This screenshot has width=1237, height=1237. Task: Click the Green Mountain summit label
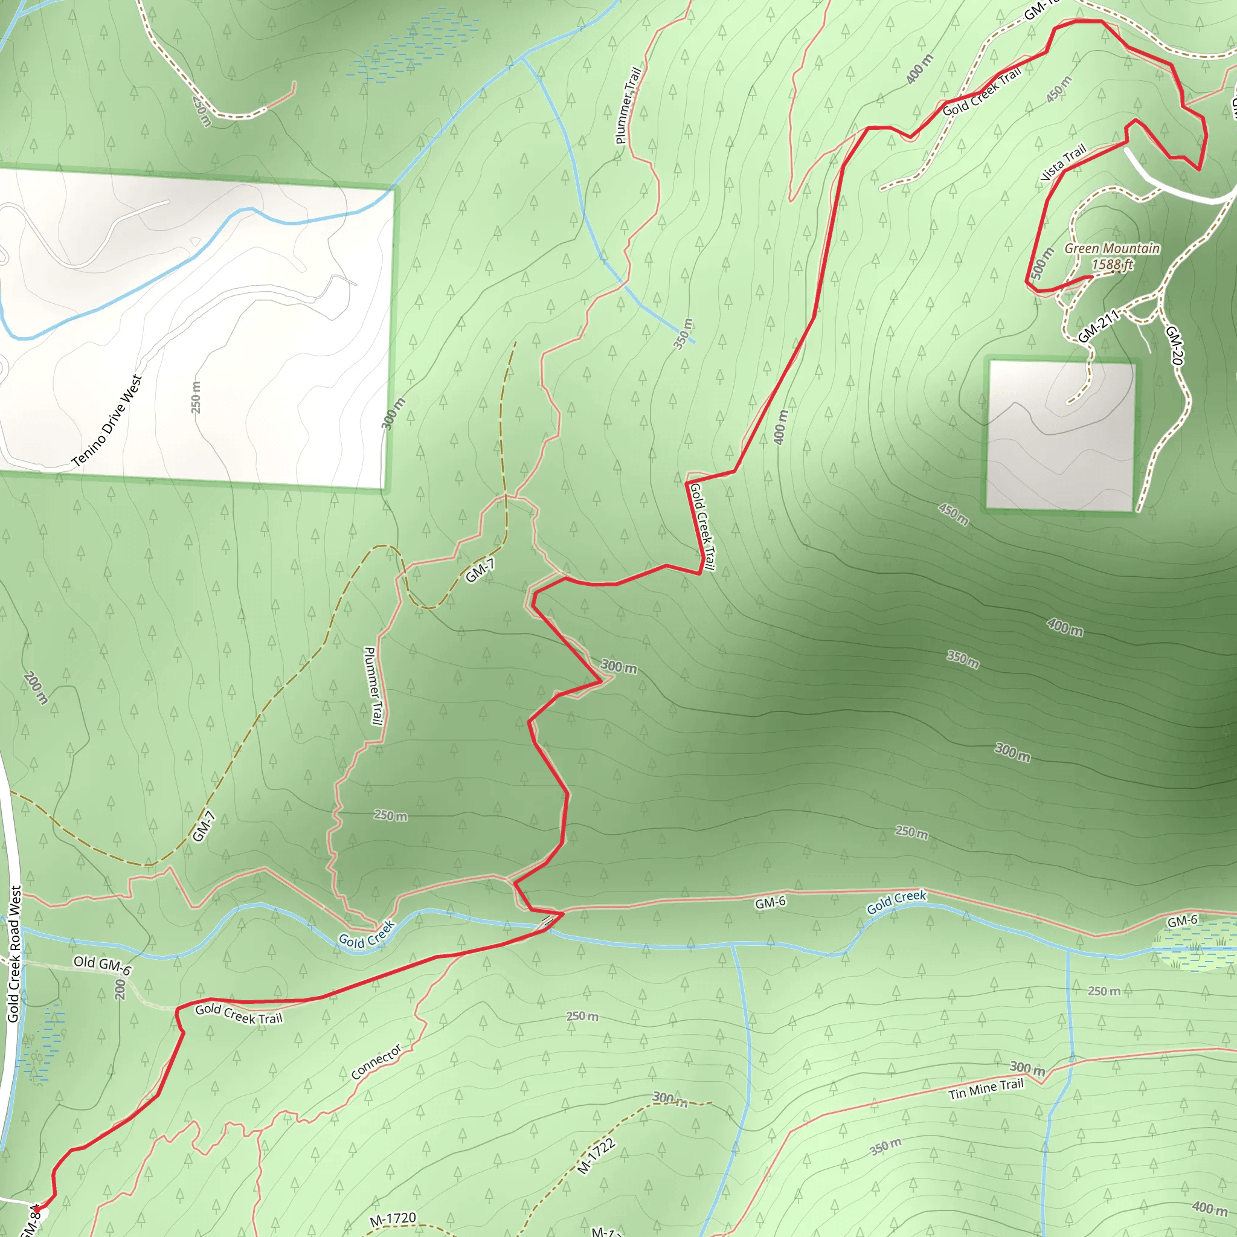pos(1112,248)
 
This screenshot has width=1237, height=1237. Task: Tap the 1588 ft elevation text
pos(1112,265)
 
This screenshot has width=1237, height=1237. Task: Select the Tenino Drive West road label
pos(106,420)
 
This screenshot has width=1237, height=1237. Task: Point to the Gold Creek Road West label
pos(14,954)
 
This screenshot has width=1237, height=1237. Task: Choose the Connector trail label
pos(376,1062)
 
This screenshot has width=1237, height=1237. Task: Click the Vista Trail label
pos(1064,162)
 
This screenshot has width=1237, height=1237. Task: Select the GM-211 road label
pos(1098,326)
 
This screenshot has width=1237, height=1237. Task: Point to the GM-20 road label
pos(1174,345)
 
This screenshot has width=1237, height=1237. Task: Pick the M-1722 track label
pos(596,1156)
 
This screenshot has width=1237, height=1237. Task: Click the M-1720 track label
pos(393,1219)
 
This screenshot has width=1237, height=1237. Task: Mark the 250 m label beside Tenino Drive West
pos(196,397)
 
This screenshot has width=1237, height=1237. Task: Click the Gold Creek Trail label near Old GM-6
pos(239,1014)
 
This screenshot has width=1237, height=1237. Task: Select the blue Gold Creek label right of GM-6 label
pos(896,902)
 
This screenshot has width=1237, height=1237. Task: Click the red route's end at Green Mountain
pos(1091,277)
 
